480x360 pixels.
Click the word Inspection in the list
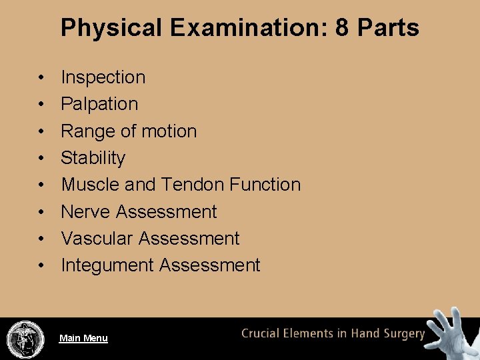(103, 77)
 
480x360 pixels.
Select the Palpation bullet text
(99, 104)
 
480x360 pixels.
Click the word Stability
(93, 158)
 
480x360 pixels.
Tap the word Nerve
(85, 212)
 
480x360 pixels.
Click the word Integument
(107, 265)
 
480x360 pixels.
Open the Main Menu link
(83, 339)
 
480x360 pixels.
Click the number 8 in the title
(343, 28)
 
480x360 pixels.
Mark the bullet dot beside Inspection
(41, 78)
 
